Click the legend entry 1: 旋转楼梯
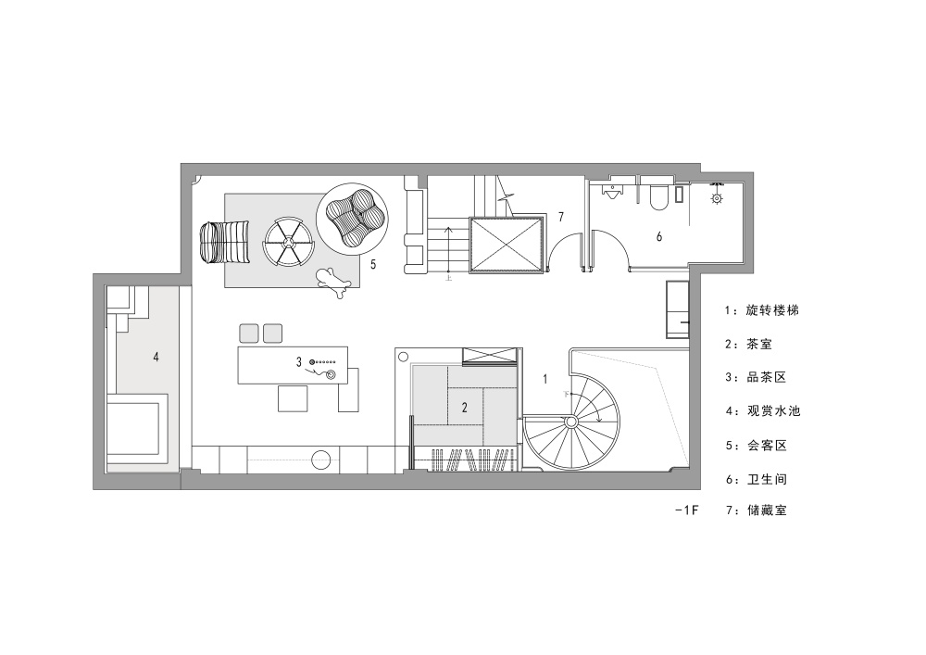click(762, 310)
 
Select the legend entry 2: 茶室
click(749, 344)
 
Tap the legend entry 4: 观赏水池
click(762, 410)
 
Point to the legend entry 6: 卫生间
click(756, 479)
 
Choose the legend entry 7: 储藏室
click(756, 510)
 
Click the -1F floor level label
click(687, 510)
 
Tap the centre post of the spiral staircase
click(570, 422)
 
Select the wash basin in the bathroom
click(614, 192)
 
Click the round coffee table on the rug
click(288, 242)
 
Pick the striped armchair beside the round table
click(224, 242)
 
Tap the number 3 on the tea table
click(299, 361)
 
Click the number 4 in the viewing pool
click(156, 357)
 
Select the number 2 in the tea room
click(465, 407)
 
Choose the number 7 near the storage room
click(560, 217)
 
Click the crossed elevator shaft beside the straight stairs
click(507, 246)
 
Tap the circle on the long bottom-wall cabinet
click(321, 460)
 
